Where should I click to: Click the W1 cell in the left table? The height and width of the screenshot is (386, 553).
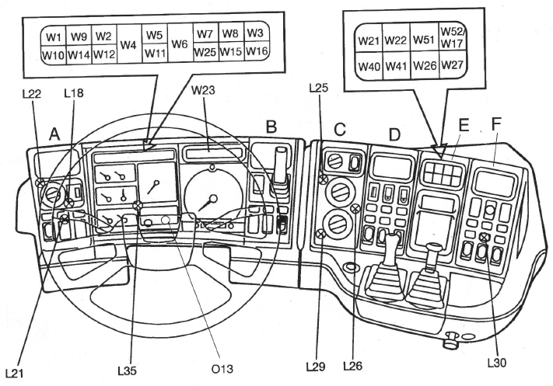pyautogui.click(x=53, y=37)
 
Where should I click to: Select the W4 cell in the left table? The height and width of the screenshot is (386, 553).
pyautogui.click(x=129, y=45)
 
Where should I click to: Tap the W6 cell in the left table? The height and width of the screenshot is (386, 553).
pyautogui.click(x=180, y=45)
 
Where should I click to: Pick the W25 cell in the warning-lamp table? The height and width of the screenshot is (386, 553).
pyautogui.click(x=205, y=54)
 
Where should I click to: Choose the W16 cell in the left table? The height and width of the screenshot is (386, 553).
pyautogui.click(x=257, y=54)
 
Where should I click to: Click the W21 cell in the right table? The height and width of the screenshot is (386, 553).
pyautogui.click(x=369, y=40)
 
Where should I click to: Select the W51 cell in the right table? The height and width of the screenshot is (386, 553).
pyautogui.click(x=424, y=40)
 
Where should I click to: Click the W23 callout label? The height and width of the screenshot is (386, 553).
pyautogui.click(x=205, y=90)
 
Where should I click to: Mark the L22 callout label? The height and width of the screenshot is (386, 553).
pyautogui.click(x=32, y=94)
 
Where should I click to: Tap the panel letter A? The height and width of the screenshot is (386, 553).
pyautogui.click(x=55, y=134)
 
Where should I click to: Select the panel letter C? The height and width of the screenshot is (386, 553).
pyautogui.click(x=339, y=127)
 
